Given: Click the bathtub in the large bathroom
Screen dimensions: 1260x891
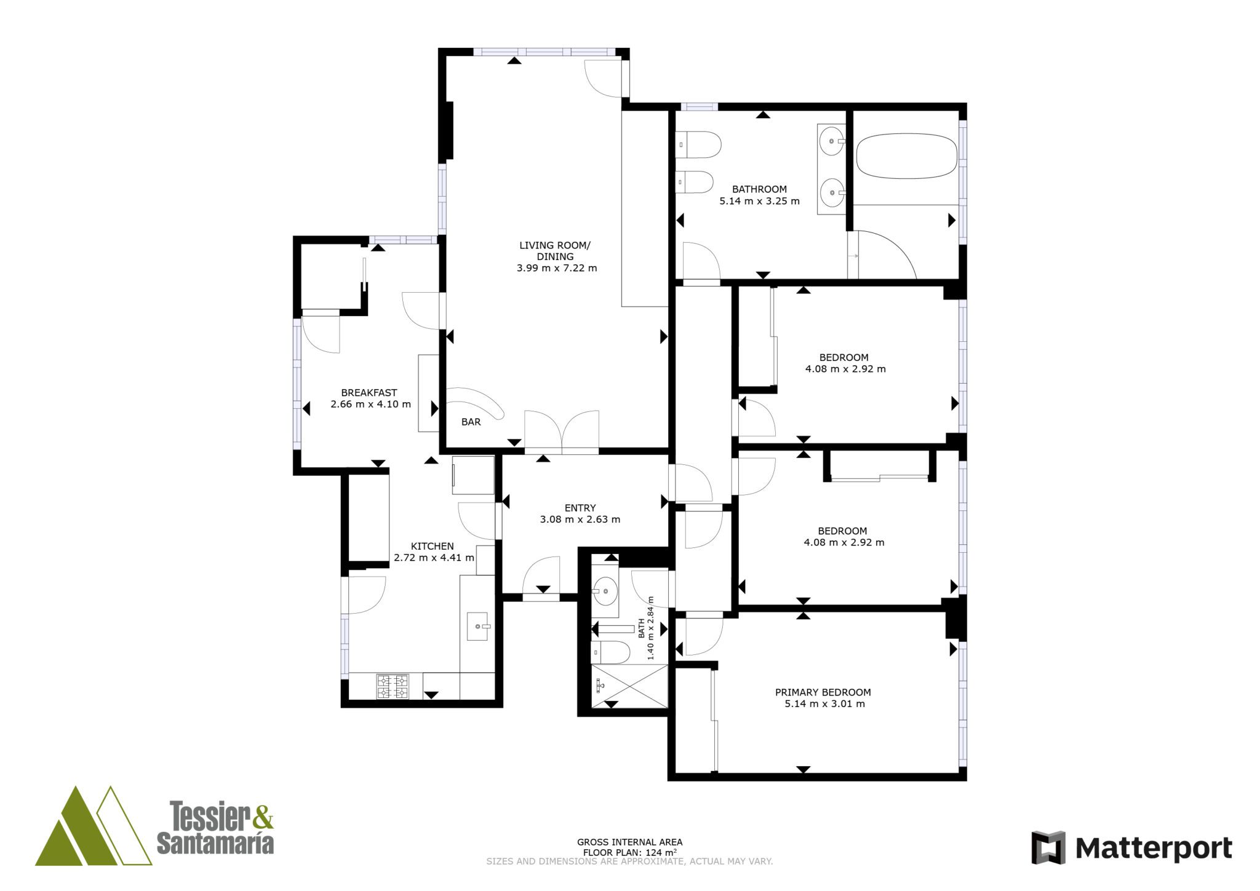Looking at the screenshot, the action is click(x=907, y=157).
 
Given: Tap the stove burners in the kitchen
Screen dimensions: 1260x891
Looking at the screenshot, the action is click(x=393, y=686).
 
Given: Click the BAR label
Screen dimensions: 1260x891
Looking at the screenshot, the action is click(x=471, y=422).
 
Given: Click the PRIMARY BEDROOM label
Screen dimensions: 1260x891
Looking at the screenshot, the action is click(x=823, y=692).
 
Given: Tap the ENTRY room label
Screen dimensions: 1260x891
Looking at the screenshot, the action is click(x=580, y=508).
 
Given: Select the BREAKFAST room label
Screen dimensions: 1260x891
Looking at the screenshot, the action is click(x=369, y=392).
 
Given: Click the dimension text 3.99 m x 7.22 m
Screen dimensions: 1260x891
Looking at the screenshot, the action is click(x=557, y=268).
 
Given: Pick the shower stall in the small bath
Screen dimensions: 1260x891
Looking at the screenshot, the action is click(x=629, y=686).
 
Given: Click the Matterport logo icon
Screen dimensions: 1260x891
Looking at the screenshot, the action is click(x=1048, y=847).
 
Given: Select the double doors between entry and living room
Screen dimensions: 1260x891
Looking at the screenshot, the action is click(x=562, y=432).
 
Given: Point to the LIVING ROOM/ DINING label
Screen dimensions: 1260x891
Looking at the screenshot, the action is click(x=555, y=251).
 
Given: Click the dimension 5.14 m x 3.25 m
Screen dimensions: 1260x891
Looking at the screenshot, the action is click(x=760, y=200).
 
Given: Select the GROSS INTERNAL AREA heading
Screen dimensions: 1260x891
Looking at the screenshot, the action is click(x=629, y=842).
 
